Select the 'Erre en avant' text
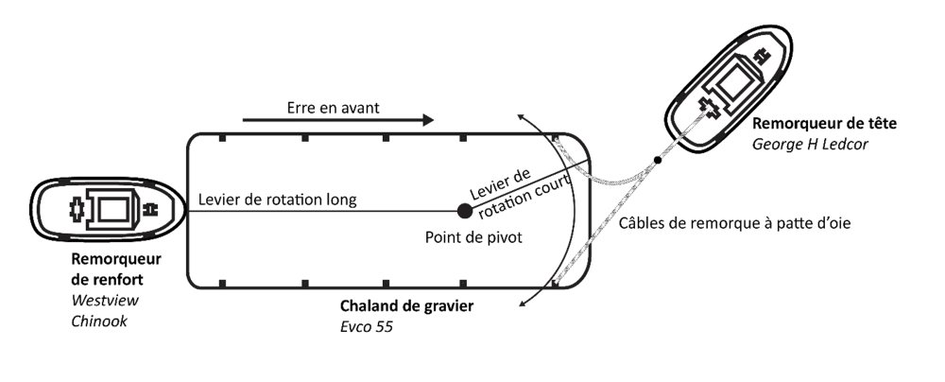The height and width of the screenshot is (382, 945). (x=333, y=108)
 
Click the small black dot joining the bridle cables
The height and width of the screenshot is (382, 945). (x=659, y=157)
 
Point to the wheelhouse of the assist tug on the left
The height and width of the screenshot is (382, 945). (x=112, y=209)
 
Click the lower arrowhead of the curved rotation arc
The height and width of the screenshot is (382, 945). (x=521, y=304)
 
